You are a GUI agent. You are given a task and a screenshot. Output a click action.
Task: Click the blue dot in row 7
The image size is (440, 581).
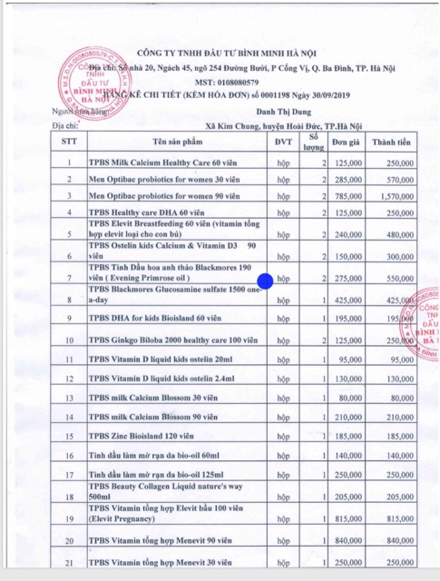pyautogui.click(x=265, y=281)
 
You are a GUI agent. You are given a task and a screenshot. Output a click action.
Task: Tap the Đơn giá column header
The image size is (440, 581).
pyautogui.click(x=347, y=143)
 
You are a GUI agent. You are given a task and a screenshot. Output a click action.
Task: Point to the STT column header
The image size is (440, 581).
pyautogui.click(x=69, y=143)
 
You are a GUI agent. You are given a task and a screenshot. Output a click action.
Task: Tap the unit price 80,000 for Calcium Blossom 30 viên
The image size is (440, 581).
pyautogui.click(x=352, y=398)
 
